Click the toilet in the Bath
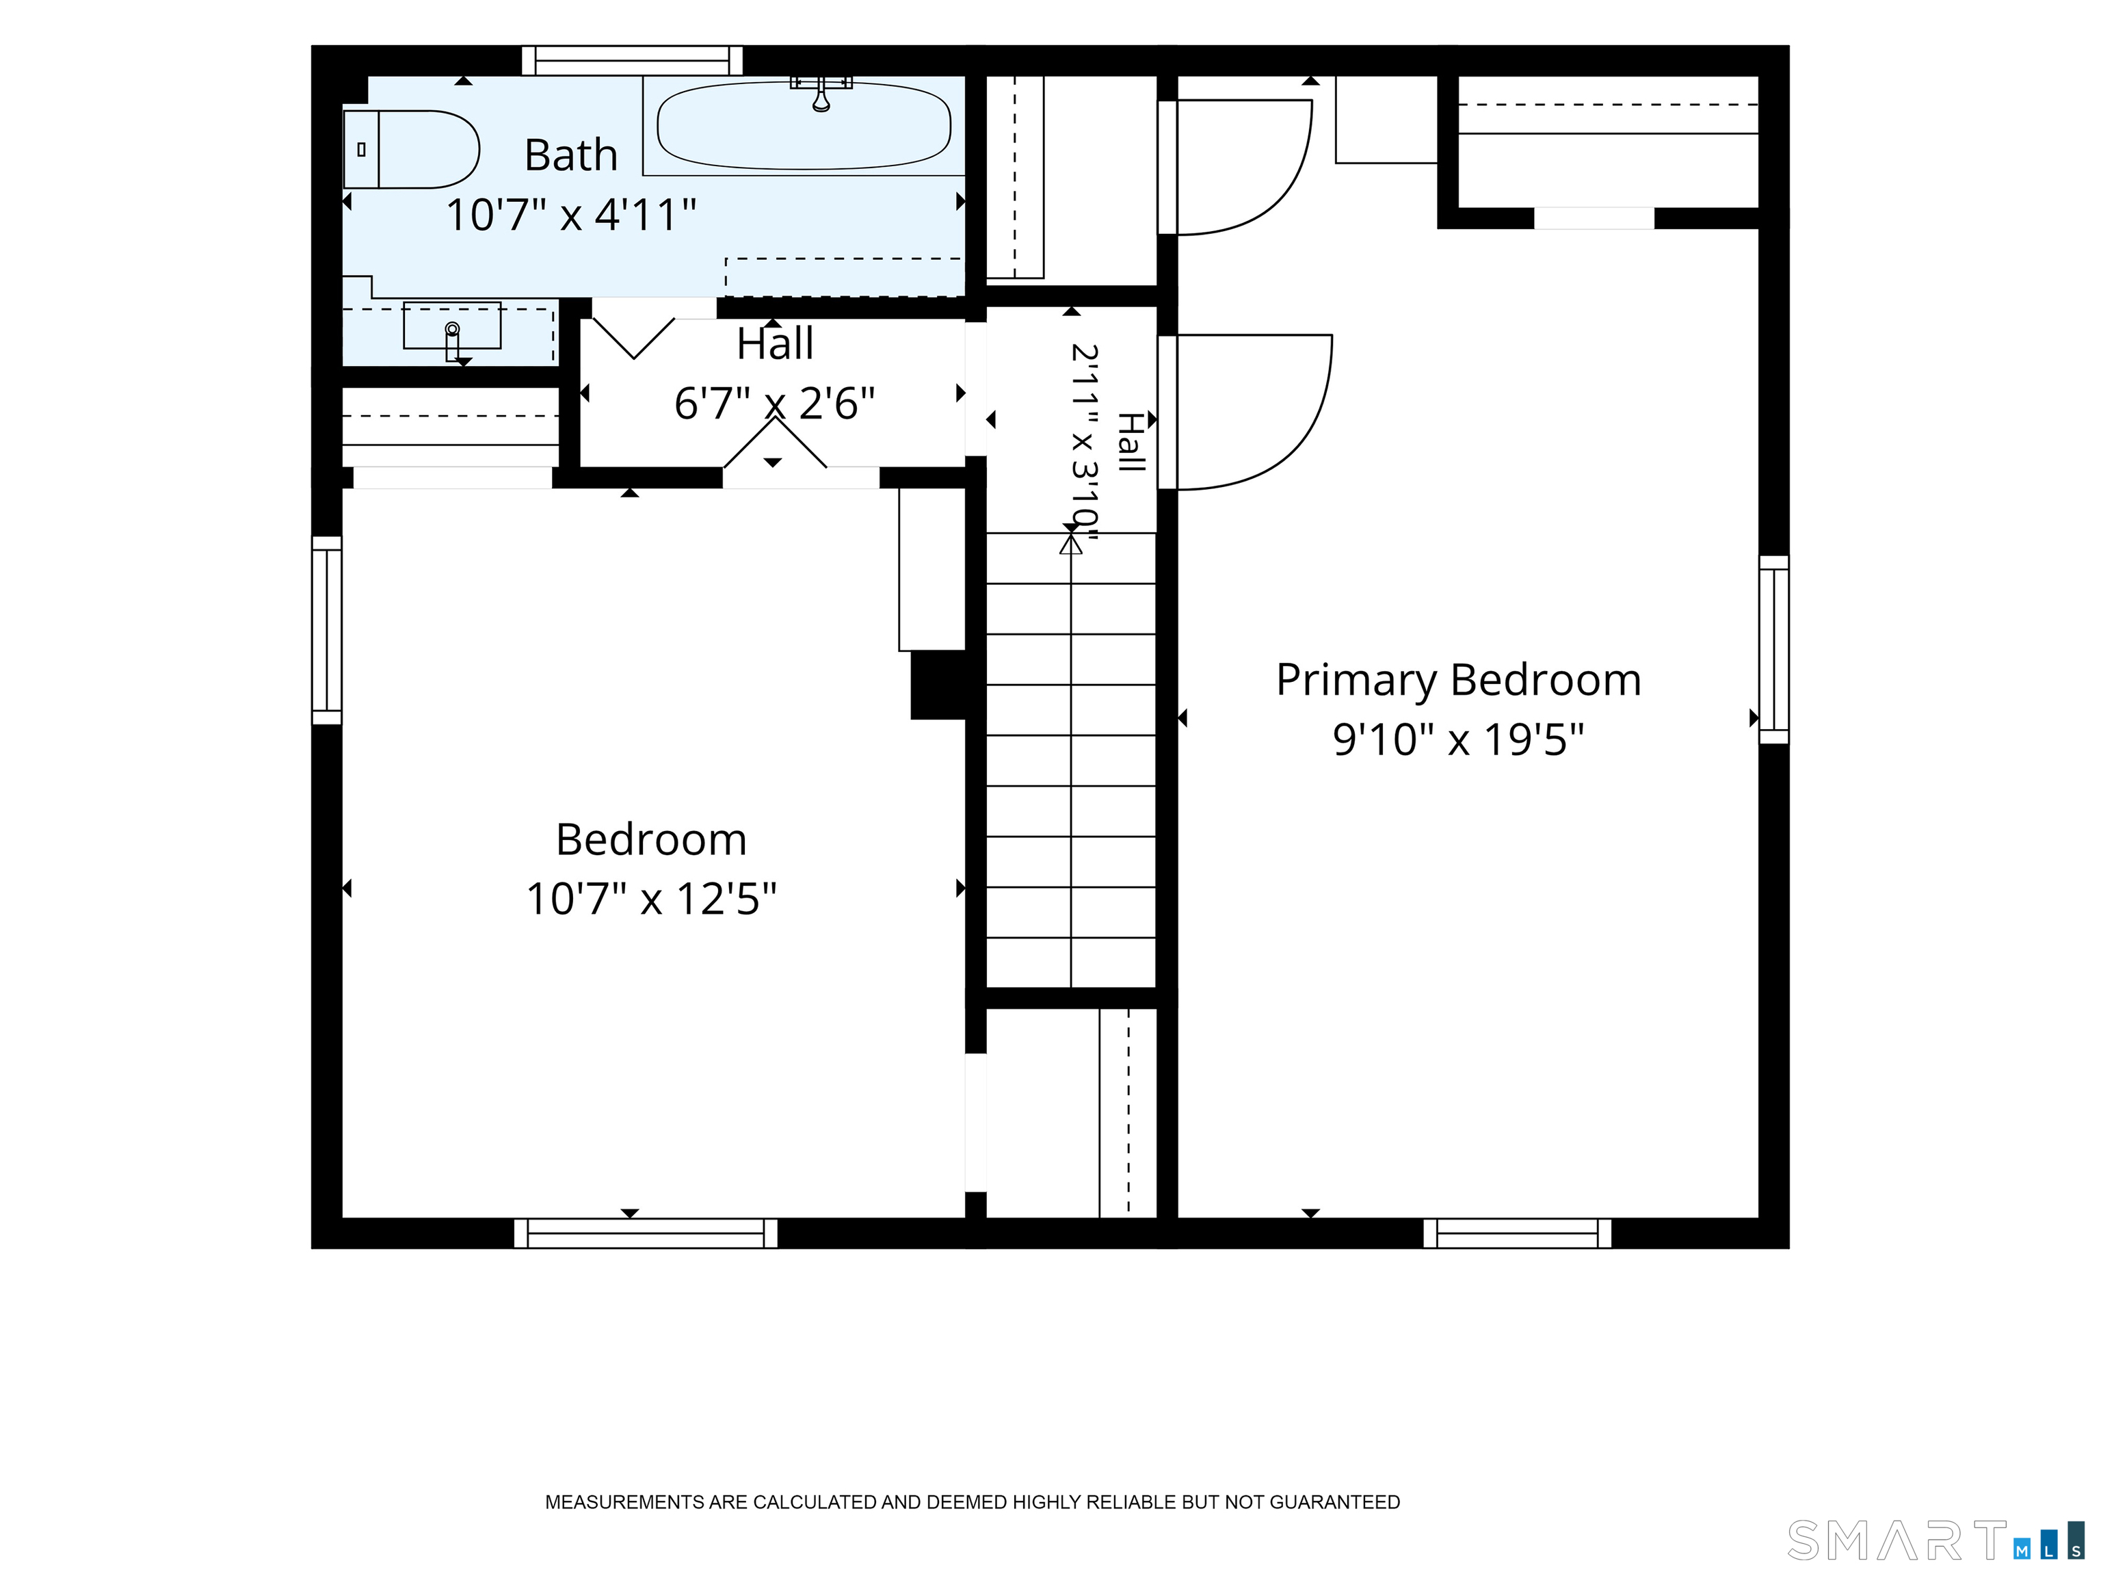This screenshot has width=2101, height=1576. tap(410, 149)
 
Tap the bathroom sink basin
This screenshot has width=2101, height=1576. tap(452, 326)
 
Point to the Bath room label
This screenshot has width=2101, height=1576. tap(571, 155)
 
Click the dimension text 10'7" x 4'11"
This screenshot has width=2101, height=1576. tap(571, 215)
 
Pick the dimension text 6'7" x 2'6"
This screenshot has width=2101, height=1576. tap(774, 404)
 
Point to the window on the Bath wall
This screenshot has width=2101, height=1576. tap(632, 60)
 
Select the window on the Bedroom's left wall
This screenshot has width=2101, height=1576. tap(327, 631)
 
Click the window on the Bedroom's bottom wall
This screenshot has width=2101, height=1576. tap(646, 1233)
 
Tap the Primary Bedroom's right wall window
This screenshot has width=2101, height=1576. tap(1774, 650)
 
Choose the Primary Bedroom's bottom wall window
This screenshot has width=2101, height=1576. tap(1517, 1233)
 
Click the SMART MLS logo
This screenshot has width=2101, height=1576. tap(1935, 1540)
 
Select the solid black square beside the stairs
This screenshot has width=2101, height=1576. tap(938, 685)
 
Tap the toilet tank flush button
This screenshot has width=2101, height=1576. tap(361, 149)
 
